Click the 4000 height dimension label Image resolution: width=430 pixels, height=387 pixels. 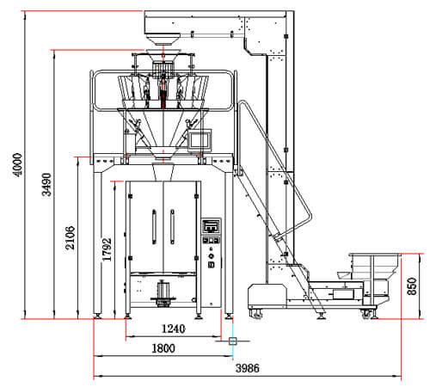(x=18, y=165)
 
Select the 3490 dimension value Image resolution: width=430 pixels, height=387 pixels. (x=46, y=184)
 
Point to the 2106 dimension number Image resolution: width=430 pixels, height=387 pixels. (x=71, y=237)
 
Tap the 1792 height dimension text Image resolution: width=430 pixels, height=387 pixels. (x=107, y=249)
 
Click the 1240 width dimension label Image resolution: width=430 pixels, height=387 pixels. (x=174, y=329)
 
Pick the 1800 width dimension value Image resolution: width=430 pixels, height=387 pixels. (x=163, y=348)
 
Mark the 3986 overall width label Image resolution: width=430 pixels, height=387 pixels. (x=248, y=368)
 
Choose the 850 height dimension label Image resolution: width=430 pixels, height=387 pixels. (x=412, y=286)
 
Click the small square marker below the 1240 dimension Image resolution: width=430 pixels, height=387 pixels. (x=232, y=341)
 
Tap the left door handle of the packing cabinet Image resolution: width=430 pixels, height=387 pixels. (x=154, y=226)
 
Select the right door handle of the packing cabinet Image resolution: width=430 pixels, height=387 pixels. (x=172, y=226)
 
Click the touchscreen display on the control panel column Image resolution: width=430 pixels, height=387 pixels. (x=212, y=226)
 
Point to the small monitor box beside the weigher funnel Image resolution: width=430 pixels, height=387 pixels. (x=200, y=139)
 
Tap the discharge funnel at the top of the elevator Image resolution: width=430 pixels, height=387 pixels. (x=163, y=40)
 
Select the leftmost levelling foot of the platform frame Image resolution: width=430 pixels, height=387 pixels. (x=97, y=316)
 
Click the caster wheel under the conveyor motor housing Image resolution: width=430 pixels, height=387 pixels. (x=256, y=314)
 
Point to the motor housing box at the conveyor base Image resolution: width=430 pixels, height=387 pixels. (x=267, y=296)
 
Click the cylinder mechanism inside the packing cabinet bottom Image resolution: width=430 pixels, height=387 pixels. (x=163, y=293)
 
